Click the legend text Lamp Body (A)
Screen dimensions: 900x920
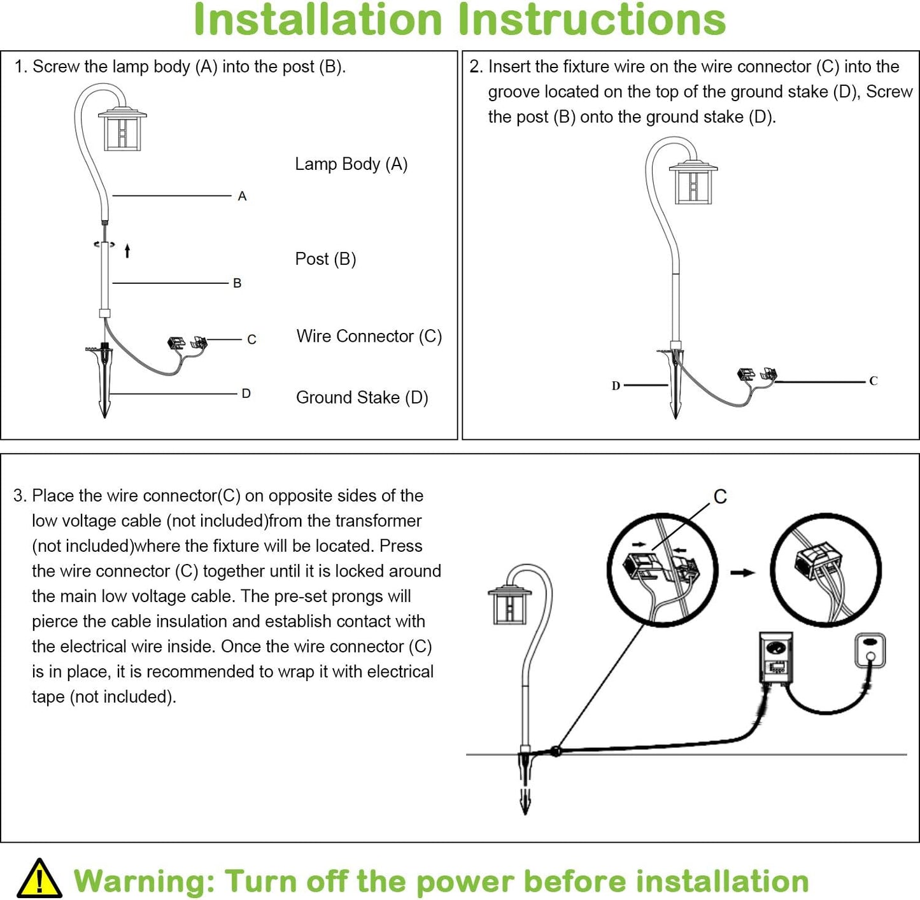click(x=351, y=164)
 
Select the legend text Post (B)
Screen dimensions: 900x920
click(x=325, y=259)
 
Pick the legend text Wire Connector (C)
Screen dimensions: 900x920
click(x=369, y=336)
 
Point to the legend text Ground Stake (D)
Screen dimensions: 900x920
click(x=362, y=398)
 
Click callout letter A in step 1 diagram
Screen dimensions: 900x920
click(x=242, y=197)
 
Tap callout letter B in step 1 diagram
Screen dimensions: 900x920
click(x=237, y=283)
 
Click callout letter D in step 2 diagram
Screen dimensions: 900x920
click(x=616, y=386)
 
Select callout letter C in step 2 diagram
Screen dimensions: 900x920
click(x=873, y=381)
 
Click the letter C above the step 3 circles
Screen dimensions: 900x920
click(x=720, y=497)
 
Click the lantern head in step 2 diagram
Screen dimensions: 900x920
click(x=693, y=183)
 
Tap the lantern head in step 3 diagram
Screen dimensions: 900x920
click(x=509, y=605)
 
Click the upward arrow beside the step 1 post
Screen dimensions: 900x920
click(x=127, y=251)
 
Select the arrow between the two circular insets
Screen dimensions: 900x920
click(x=742, y=572)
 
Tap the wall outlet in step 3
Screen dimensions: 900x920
click(x=870, y=650)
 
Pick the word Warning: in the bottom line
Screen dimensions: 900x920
click(x=144, y=882)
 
